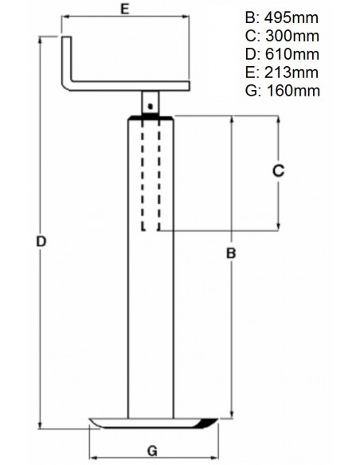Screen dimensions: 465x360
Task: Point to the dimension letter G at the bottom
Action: coord(153,449)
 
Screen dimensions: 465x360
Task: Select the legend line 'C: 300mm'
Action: coord(284,37)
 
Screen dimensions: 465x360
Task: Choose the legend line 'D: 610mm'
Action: coord(284,54)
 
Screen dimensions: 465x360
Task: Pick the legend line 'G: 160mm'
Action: coord(284,90)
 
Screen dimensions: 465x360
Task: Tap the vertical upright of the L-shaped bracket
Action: coord(67,60)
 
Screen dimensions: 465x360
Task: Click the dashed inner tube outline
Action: coord(151,175)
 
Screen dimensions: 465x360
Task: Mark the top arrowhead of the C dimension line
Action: coord(277,120)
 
